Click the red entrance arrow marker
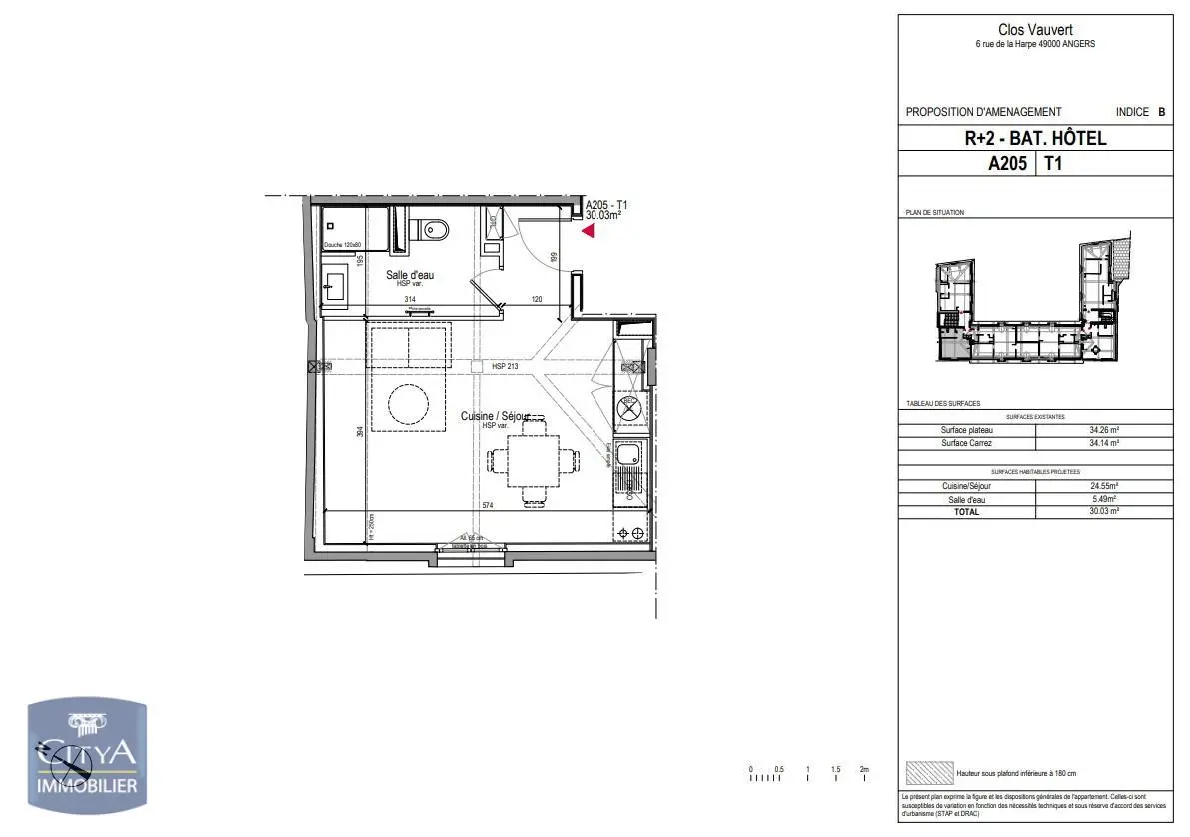[x=589, y=231]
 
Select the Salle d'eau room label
[x=410, y=275]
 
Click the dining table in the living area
[x=533, y=461]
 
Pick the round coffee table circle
[x=410, y=406]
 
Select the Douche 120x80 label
[x=341, y=245]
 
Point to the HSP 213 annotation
[x=505, y=367]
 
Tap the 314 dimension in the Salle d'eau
[x=409, y=300]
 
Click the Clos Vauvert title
[x=1034, y=30]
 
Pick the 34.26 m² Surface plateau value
[x=1103, y=430]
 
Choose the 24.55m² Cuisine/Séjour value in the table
[x=1103, y=486]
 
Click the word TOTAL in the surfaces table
[x=966, y=512]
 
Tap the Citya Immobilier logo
[x=87, y=757]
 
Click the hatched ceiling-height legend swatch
[x=928, y=773]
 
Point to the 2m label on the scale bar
[x=864, y=769]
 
